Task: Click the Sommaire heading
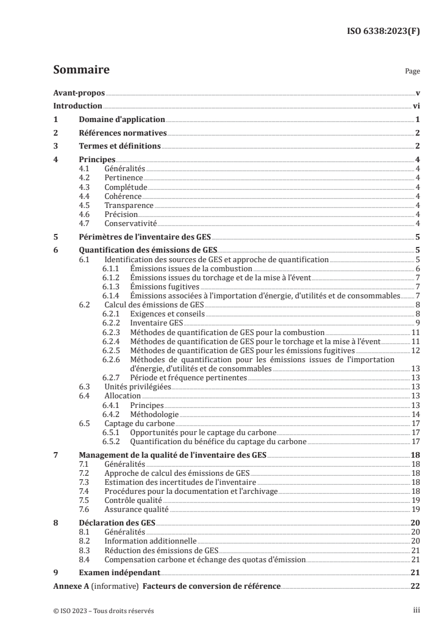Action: point(81,71)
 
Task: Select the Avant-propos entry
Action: point(79,93)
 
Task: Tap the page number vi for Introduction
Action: point(416,106)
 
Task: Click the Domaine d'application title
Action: point(121,119)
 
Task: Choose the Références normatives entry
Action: point(123,133)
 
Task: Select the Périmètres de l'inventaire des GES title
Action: point(145,237)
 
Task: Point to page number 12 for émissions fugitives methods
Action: point(415,350)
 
